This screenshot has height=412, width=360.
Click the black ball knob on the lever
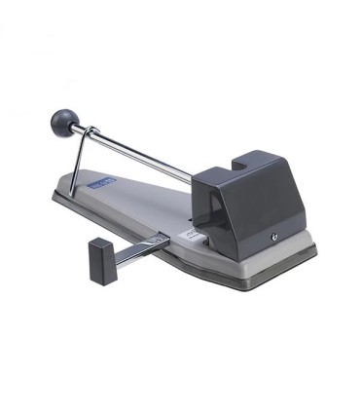click(62, 122)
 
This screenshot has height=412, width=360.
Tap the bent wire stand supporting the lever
click(79, 162)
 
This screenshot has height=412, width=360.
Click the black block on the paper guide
click(102, 258)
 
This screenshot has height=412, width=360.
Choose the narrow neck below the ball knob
click(77, 128)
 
